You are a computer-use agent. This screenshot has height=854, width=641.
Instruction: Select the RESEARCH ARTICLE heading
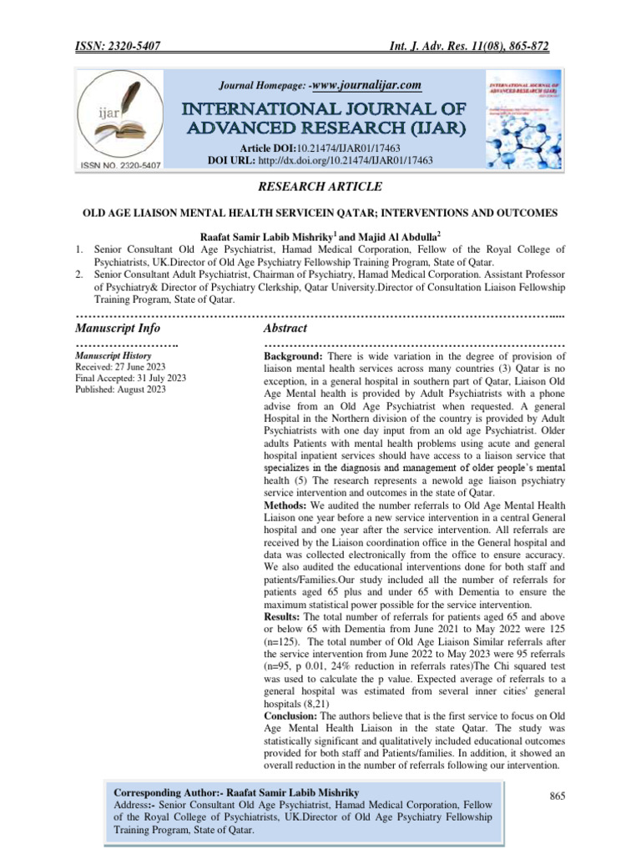pos(320,185)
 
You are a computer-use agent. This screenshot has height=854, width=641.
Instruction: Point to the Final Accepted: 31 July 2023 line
pos(131,378)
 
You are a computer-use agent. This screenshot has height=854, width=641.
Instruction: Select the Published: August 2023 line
pos(121,389)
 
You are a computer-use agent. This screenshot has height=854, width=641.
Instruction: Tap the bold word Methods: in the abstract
pos(279,507)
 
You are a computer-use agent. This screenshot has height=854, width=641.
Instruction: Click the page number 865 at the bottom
pos(558,796)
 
